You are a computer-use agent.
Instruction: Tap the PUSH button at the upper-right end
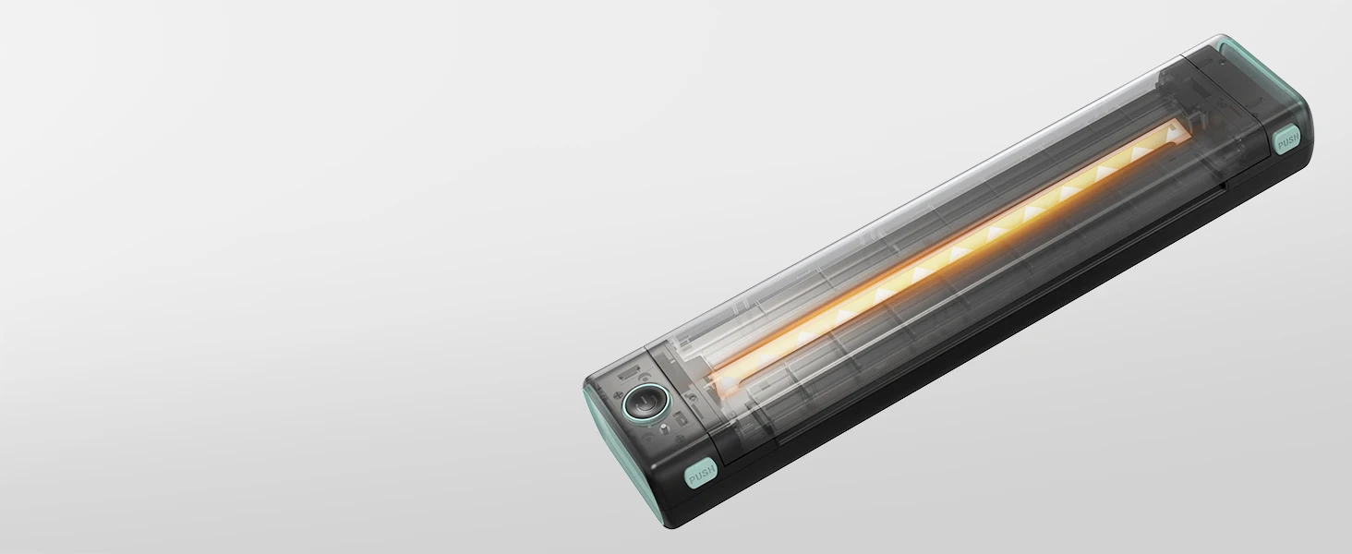tap(1287, 140)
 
